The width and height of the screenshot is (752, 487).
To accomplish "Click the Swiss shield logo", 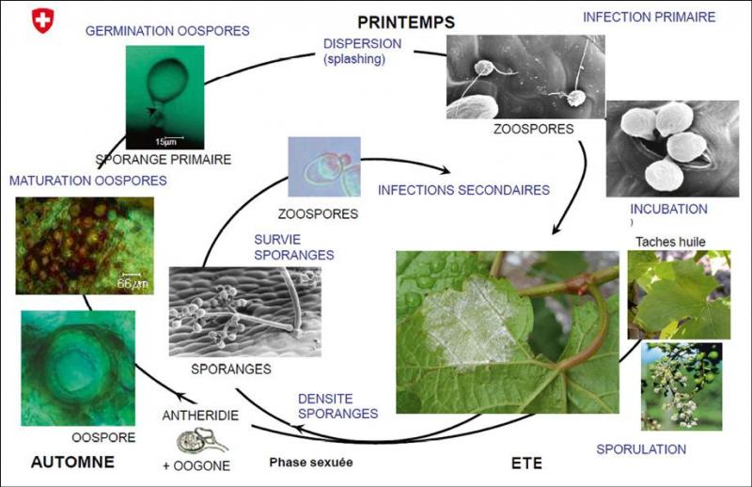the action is point(42,21).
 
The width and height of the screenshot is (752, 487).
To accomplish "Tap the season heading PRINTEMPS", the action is point(406,22).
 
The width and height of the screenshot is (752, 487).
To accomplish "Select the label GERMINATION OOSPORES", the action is point(167,31).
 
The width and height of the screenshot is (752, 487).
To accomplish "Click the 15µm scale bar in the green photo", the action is point(169,138).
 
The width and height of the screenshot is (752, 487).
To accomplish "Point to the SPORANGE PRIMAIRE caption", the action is point(163,159).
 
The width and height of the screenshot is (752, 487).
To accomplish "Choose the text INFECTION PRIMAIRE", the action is point(649,17).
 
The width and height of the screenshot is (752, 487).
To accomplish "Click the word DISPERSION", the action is point(362,43).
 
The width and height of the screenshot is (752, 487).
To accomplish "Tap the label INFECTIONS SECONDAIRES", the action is point(463,190).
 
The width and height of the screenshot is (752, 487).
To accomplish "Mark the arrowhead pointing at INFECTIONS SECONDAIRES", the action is point(446,170).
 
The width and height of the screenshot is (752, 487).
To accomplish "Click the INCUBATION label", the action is point(668,210).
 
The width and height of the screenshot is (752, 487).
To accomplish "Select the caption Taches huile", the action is point(670,242).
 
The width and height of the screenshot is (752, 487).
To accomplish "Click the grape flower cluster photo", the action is point(681,386).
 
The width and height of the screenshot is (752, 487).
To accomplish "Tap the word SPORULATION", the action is point(641,449).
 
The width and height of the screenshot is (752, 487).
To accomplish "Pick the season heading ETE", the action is point(526,463).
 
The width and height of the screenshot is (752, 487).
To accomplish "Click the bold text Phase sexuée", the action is point(311,462).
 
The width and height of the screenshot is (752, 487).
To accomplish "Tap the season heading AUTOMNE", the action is point(72,462).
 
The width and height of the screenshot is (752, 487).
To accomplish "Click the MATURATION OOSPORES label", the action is point(88,181).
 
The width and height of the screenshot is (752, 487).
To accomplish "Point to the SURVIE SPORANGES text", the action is point(294,247).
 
